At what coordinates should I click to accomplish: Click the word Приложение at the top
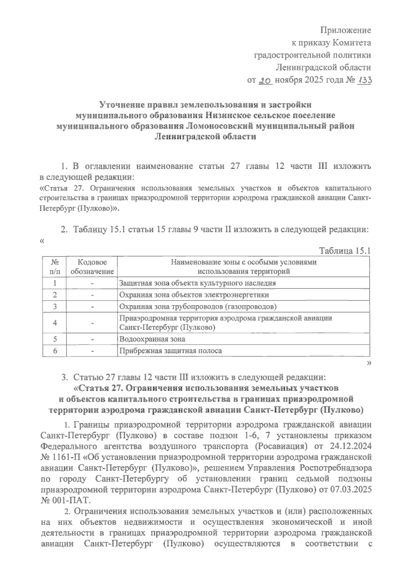pos(346,30)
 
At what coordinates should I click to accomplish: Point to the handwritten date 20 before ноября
pos(266,80)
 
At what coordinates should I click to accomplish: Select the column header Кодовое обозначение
pos(92,267)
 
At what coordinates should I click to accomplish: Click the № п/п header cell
pos(55,267)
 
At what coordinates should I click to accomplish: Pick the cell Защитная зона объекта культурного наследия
pos(197,283)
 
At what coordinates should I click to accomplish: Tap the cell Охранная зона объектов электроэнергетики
pos(194,295)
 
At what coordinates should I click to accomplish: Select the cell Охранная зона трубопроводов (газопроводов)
pos(198,306)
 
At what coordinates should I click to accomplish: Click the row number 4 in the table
pos(55,323)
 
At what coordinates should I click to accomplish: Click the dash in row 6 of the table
pos(92,351)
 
